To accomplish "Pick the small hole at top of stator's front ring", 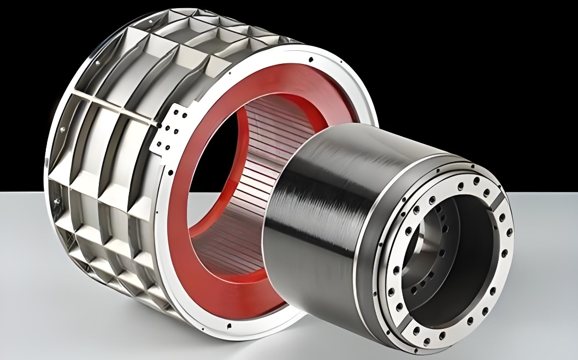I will pyautogui.click(x=310, y=58).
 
